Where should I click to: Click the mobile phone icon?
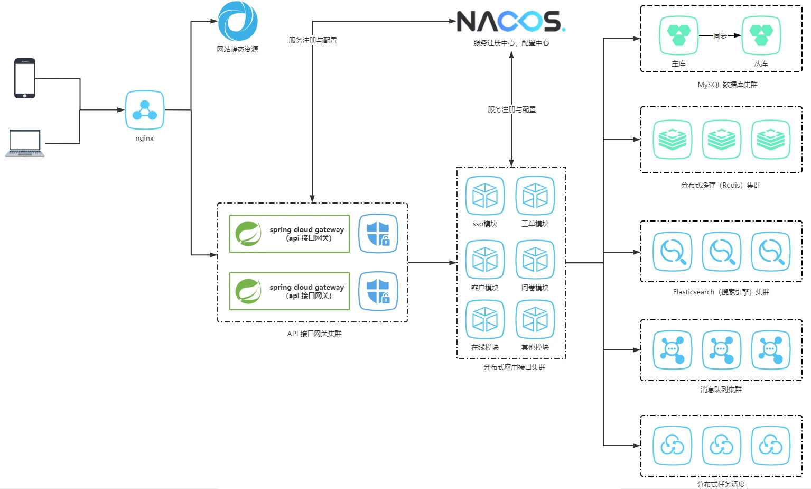coord(25,78)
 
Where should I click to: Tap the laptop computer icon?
coord(25,143)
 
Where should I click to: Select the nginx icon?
coord(145,110)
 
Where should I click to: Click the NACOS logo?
coord(510,21)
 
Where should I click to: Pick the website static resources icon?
coord(238,21)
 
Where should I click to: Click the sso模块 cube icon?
coord(485,196)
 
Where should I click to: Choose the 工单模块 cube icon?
coord(535,196)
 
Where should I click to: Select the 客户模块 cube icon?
coord(485,260)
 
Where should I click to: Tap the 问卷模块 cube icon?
coord(535,260)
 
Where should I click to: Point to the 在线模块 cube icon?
coord(485,319)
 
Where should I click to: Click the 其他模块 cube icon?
coord(535,319)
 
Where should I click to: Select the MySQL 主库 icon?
coord(679,35)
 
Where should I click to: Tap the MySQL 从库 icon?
coord(761,35)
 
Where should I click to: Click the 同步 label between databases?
coord(720,36)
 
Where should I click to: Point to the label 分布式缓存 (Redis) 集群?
coord(721,185)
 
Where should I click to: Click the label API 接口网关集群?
coord(314,334)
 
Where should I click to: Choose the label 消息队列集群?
coord(721,390)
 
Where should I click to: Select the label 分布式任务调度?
coord(721,484)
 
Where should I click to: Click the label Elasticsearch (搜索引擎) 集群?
coord(721,292)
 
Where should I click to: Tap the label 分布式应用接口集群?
coord(514,367)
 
